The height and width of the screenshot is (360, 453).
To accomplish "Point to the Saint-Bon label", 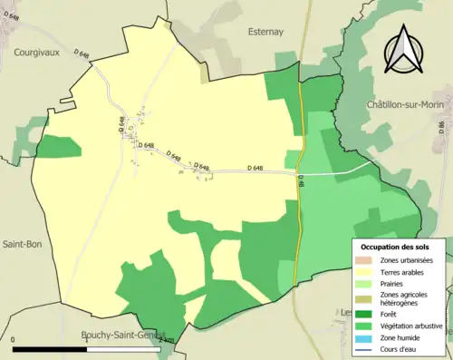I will click(19, 245).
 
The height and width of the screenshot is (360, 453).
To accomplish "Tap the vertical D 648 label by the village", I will click(120, 126).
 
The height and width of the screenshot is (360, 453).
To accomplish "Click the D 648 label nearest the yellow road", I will click(255, 168).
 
